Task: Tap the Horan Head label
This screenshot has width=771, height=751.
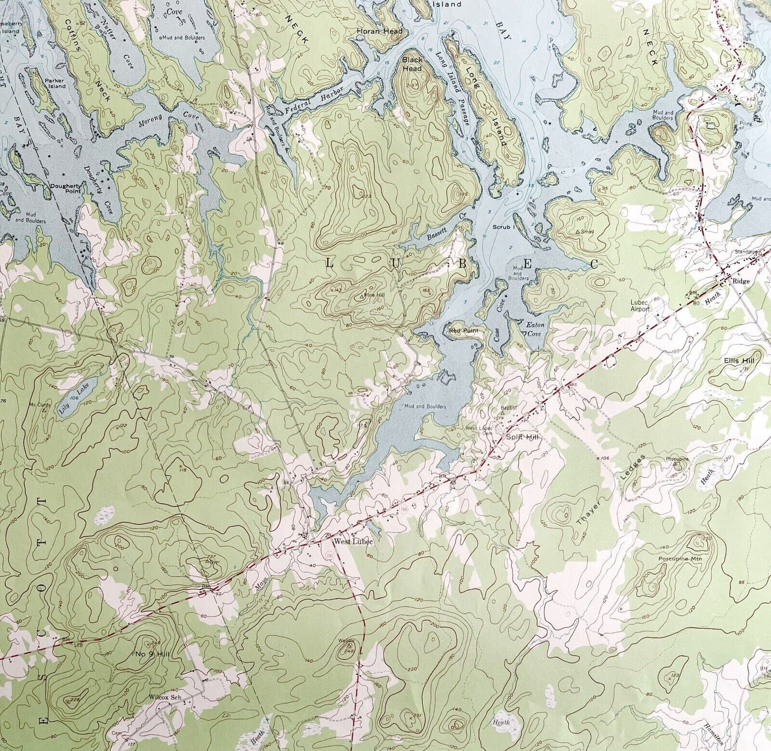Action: [x=380, y=32]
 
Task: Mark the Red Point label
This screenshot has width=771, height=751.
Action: [x=463, y=331]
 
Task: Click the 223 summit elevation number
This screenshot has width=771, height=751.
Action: [x=367, y=196]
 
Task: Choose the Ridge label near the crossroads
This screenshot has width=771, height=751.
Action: [x=741, y=281]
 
